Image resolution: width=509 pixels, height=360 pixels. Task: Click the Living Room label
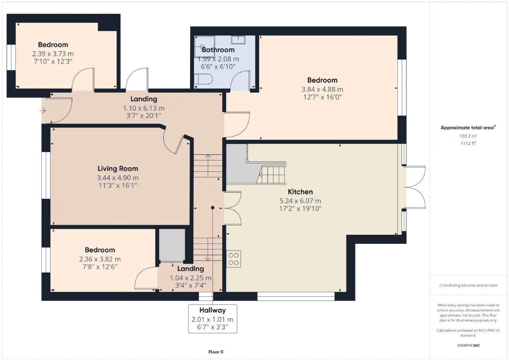(x=118, y=169)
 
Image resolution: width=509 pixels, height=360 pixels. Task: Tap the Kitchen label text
(x=300, y=192)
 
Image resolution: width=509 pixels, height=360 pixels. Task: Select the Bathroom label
(x=218, y=50)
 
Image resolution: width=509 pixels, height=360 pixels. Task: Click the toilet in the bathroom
(x=203, y=79)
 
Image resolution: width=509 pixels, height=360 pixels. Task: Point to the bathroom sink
(x=238, y=40)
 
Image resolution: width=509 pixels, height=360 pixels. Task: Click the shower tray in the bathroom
(x=204, y=47)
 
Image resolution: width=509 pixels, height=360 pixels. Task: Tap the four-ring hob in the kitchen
(x=233, y=259)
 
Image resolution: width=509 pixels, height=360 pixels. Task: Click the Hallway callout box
(x=212, y=319)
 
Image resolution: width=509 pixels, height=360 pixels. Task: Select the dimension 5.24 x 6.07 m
(x=300, y=201)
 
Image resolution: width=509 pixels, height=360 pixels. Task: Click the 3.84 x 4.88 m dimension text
(x=322, y=90)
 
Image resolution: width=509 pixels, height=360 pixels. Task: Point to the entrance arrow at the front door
(x=43, y=111)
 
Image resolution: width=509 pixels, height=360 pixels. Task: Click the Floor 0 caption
(x=216, y=352)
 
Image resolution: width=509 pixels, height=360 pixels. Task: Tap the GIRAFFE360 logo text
(x=468, y=345)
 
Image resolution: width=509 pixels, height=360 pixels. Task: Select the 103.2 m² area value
(x=468, y=136)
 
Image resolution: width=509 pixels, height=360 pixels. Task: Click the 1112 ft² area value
(x=468, y=144)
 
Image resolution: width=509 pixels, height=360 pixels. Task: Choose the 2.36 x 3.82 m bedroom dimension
(x=100, y=259)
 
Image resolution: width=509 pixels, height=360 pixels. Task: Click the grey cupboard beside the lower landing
(x=172, y=245)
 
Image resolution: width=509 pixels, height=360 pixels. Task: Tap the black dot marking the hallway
(x=212, y=208)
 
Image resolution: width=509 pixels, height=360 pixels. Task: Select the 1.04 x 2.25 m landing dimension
(x=190, y=278)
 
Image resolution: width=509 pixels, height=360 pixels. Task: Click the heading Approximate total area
(x=467, y=128)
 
